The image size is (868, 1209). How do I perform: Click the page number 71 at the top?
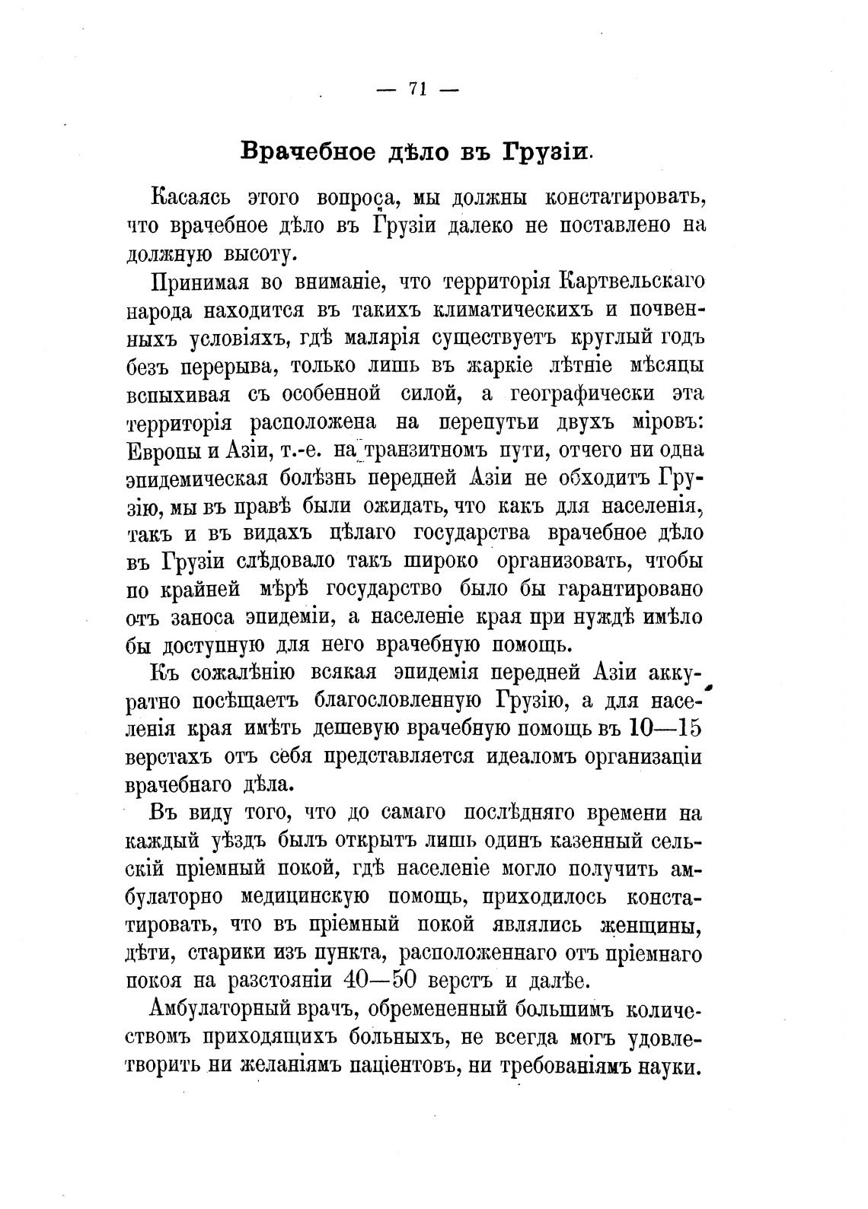coord(416,89)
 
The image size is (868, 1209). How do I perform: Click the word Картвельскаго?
coord(631,281)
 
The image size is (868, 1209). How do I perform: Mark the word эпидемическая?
coord(196,479)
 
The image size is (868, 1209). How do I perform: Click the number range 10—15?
coord(665,728)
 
